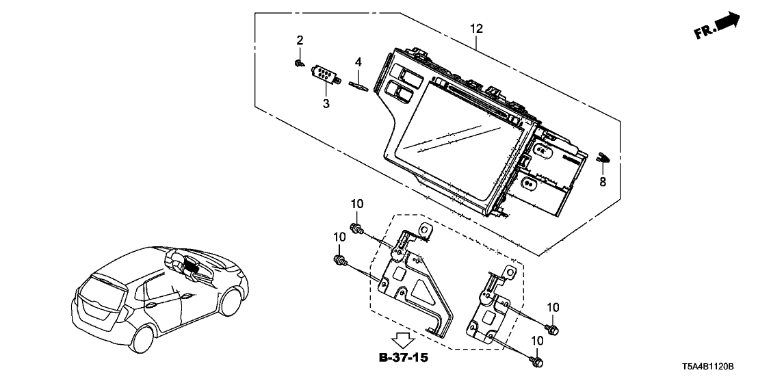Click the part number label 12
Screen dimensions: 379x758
click(x=476, y=29)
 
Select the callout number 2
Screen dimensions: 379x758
click(x=300, y=41)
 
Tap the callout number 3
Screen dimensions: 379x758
click(x=326, y=103)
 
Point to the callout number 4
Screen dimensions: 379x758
click(x=358, y=62)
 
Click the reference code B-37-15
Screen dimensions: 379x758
click(x=406, y=356)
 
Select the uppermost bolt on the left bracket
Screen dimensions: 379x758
click(x=356, y=228)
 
